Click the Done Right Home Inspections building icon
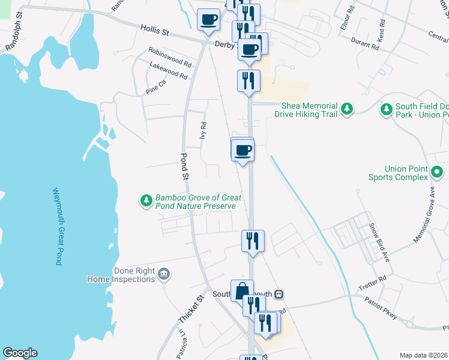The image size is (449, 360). tap(164, 275)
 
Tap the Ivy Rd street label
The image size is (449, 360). tap(203, 131)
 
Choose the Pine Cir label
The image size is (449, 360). tap(155, 87)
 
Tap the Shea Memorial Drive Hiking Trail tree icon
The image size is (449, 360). tap(346, 109)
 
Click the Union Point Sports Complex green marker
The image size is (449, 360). tap(437, 173)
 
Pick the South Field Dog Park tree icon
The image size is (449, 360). tap(386, 109)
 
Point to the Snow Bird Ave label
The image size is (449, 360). tap(379, 242)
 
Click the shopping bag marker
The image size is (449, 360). tap(242, 290)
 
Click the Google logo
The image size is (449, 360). tap(20, 353)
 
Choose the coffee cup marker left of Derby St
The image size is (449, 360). tap(208, 19)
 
